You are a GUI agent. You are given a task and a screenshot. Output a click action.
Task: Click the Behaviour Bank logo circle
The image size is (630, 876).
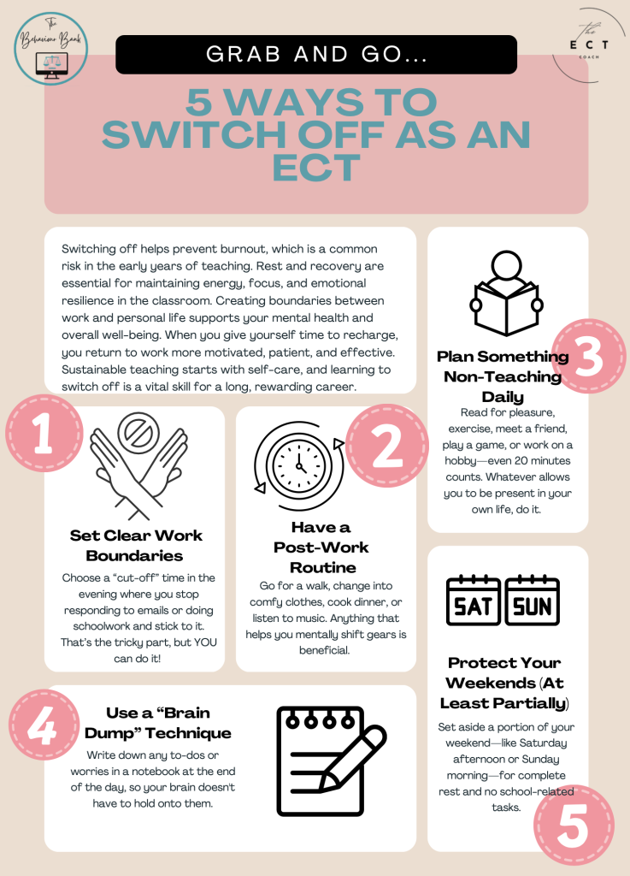50,49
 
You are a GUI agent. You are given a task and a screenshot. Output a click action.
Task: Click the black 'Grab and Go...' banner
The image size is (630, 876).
315,54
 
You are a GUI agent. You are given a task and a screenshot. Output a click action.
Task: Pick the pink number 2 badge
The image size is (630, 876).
386,445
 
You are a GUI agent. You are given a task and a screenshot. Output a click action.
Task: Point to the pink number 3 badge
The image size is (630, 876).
589,357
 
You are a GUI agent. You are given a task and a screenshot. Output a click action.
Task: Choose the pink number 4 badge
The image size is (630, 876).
44,725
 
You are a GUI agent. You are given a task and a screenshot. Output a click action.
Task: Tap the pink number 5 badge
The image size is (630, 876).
574,826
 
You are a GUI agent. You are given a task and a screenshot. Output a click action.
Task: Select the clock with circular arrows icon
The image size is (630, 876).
299,465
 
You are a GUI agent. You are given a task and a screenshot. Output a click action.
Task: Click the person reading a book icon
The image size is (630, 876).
506,293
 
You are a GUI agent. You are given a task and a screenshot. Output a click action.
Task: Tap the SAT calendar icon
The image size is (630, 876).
474,601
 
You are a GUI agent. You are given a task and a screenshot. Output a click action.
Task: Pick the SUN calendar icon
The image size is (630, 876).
533,601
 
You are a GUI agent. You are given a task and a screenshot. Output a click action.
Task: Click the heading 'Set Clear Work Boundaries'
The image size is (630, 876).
136,545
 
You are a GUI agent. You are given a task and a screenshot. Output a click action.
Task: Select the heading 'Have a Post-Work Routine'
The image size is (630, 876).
321,547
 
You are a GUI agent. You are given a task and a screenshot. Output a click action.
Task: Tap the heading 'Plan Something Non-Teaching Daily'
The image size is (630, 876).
503,376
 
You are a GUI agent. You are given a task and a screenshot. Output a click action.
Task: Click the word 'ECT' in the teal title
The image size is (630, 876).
316,167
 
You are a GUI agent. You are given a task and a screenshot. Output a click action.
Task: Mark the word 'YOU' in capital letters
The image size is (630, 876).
205,642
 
